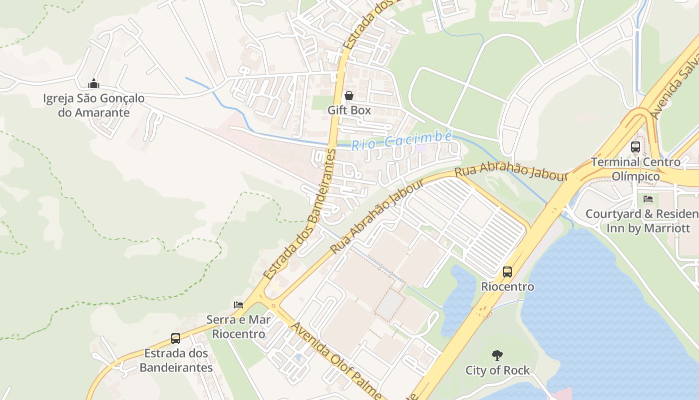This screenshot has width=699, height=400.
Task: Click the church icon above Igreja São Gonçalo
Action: (x=93, y=84)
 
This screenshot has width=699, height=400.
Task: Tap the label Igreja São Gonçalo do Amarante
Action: (x=94, y=105)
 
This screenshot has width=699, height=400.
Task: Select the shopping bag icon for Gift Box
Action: (x=349, y=95)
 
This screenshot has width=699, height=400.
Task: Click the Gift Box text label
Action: (x=349, y=110)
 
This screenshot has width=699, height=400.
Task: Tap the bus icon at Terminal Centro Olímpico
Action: (x=635, y=147)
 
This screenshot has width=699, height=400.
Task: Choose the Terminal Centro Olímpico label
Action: (x=636, y=169)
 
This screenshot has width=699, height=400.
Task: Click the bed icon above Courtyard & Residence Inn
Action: (x=648, y=198)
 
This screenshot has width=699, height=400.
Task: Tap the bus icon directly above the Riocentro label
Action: (x=507, y=272)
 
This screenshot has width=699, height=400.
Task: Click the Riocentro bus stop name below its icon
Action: (x=507, y=286)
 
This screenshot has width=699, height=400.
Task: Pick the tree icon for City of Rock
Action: (x=497, y=355)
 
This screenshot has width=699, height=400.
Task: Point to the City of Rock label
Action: (x=497, y=370)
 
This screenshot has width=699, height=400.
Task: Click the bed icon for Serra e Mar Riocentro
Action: (x=239, y=304)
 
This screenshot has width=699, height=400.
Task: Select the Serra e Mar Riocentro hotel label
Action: (x=239, y=326)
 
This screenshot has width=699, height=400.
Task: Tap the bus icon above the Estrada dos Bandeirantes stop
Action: (x=176, y=338)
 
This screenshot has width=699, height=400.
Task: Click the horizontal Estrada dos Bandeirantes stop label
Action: (x=176, y=360)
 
